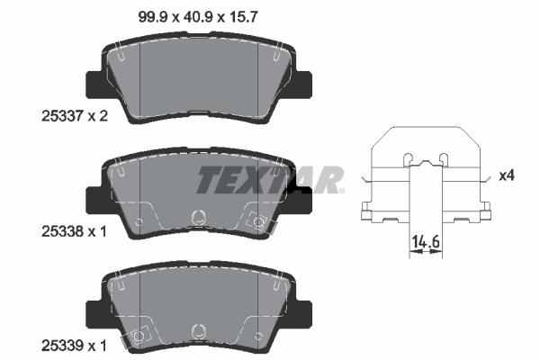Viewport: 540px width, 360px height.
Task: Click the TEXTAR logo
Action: [x=269, y=179]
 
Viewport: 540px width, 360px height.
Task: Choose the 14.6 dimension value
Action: [x=426, y=241]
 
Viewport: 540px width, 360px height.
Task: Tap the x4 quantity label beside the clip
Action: [x=507, y=175]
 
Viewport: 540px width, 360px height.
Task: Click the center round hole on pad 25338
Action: [x=199, y=217]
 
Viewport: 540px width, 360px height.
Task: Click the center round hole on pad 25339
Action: [x=199, y=330]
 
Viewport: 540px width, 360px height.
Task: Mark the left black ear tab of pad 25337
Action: [x=93, y=85]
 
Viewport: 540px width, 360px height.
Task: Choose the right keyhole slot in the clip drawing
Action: [x=446, y=159]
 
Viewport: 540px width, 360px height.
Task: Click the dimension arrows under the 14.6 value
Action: [x=426, y=255]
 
